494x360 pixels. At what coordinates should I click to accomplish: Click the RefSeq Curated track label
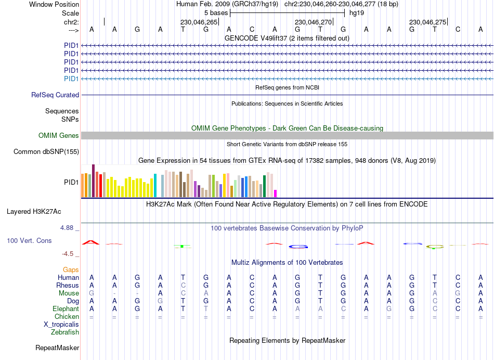[55, 95]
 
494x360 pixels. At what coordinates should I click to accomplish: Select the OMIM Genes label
[59, 136]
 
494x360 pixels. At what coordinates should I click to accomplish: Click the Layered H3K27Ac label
[34, 212]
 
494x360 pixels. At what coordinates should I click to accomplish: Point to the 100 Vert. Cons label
[29, 241]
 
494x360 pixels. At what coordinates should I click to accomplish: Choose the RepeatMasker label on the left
[57, 348]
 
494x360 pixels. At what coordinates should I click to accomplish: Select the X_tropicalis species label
[61, 325]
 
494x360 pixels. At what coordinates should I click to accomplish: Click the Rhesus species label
[68, 286]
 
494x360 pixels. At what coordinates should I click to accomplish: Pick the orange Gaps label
[71, 270]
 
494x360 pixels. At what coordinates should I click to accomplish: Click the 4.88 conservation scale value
[69, 228]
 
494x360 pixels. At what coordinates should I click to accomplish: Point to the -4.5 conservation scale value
[70, 254]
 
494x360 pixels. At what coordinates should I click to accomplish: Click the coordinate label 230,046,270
[313, 22]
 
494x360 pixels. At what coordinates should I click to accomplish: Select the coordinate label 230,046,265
[199, 22]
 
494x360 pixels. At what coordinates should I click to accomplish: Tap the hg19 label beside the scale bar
[356, 12]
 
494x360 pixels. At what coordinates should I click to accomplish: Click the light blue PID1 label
[71, 79]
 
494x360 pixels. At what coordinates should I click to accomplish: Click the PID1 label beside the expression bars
[71, 183]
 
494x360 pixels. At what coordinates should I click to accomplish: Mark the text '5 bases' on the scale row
[216, 12]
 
